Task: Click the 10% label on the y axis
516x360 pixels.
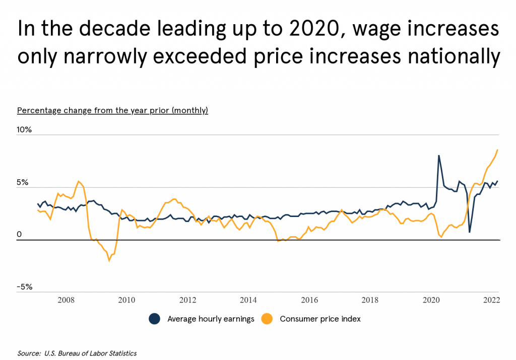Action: tap(24, 129)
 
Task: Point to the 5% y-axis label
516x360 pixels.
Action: tap(24, 182)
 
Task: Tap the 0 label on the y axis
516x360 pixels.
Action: tap(20, 234)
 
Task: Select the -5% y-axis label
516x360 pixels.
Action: tap(24, 287)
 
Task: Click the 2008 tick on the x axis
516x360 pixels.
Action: tap(67, 300)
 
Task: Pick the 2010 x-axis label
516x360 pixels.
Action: tap(126, 300)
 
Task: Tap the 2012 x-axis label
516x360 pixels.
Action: tap(187, 300)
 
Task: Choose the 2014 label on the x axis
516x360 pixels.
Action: tap(248, 300)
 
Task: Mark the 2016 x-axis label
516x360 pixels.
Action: tap(309, 300)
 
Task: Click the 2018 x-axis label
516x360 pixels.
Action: tap(370, 300)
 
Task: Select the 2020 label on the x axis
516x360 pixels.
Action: tap(431, 300)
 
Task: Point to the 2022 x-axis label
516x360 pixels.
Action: tap(491, 300)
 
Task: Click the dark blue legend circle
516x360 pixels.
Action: tap(154, 319)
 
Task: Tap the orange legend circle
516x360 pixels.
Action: tap(267, 319)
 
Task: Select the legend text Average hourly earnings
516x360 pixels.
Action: tap(211, 319)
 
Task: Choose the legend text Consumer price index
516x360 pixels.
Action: tap(320, 319)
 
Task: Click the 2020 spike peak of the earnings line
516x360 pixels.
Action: tap(439, 156)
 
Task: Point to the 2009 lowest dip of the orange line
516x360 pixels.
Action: tap(109, 260)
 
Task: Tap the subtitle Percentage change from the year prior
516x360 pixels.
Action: tap(112, 110)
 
